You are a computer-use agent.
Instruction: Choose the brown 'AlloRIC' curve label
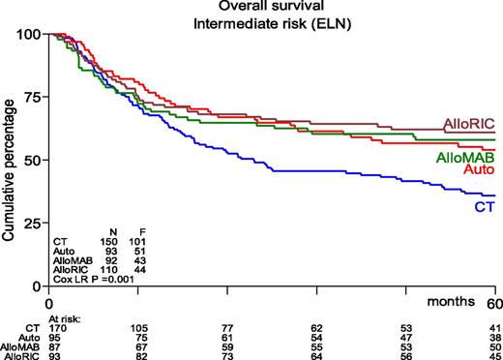[469, 124]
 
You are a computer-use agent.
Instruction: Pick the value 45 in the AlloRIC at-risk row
[493, 356]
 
